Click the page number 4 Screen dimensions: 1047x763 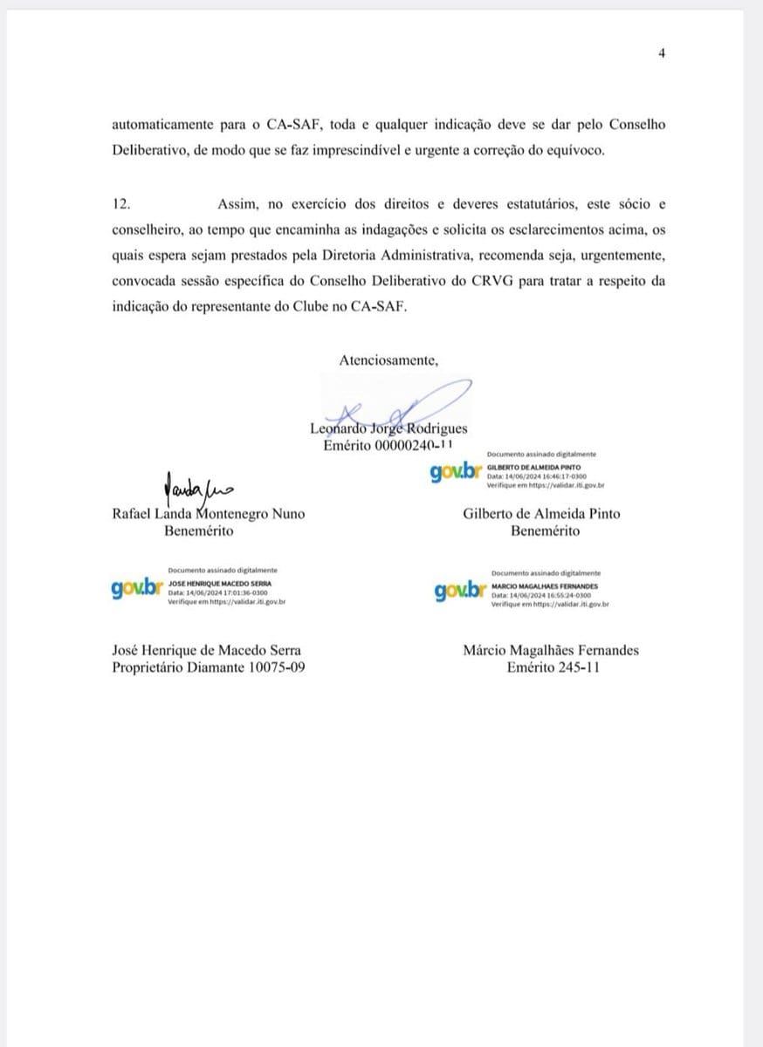coord(662,54)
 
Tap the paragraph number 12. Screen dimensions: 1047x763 coord(121,204)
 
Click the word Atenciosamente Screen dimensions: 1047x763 coord(388,359)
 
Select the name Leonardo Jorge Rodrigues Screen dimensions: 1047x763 coord(388,428)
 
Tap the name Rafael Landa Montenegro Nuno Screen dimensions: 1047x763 coord(209,514)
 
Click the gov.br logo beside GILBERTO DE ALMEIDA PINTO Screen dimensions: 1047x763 coord(456,472)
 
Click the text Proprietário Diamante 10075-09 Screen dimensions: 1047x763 coord(209,667)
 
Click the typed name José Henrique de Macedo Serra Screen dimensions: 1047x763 coord(209,650)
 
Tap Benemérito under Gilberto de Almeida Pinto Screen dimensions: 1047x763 coord(542,530)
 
